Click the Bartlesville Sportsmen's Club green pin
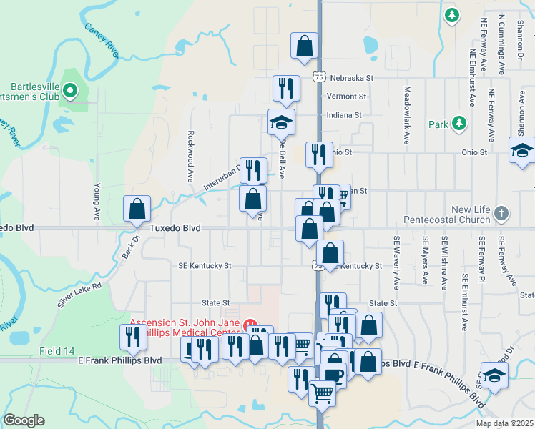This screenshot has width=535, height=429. coord(70,90)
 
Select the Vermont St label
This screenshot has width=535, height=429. coord(346,96)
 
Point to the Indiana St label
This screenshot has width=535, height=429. coord(344,114)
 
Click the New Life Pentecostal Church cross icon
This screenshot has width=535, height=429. coord(502,212)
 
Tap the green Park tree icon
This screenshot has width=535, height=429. coord(458,124)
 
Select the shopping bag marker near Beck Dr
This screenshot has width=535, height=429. coord(137,209)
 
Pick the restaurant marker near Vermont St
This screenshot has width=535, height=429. coord(286,89)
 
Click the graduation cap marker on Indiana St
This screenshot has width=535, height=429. coord(281,122)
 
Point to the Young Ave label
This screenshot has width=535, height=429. coord(97,201)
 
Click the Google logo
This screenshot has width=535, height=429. coord(24,420)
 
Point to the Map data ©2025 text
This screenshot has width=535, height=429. coord(504,423)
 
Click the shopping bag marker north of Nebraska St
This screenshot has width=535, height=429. coord(304,46)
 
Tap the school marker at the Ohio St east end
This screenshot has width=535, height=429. coord(522,152)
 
